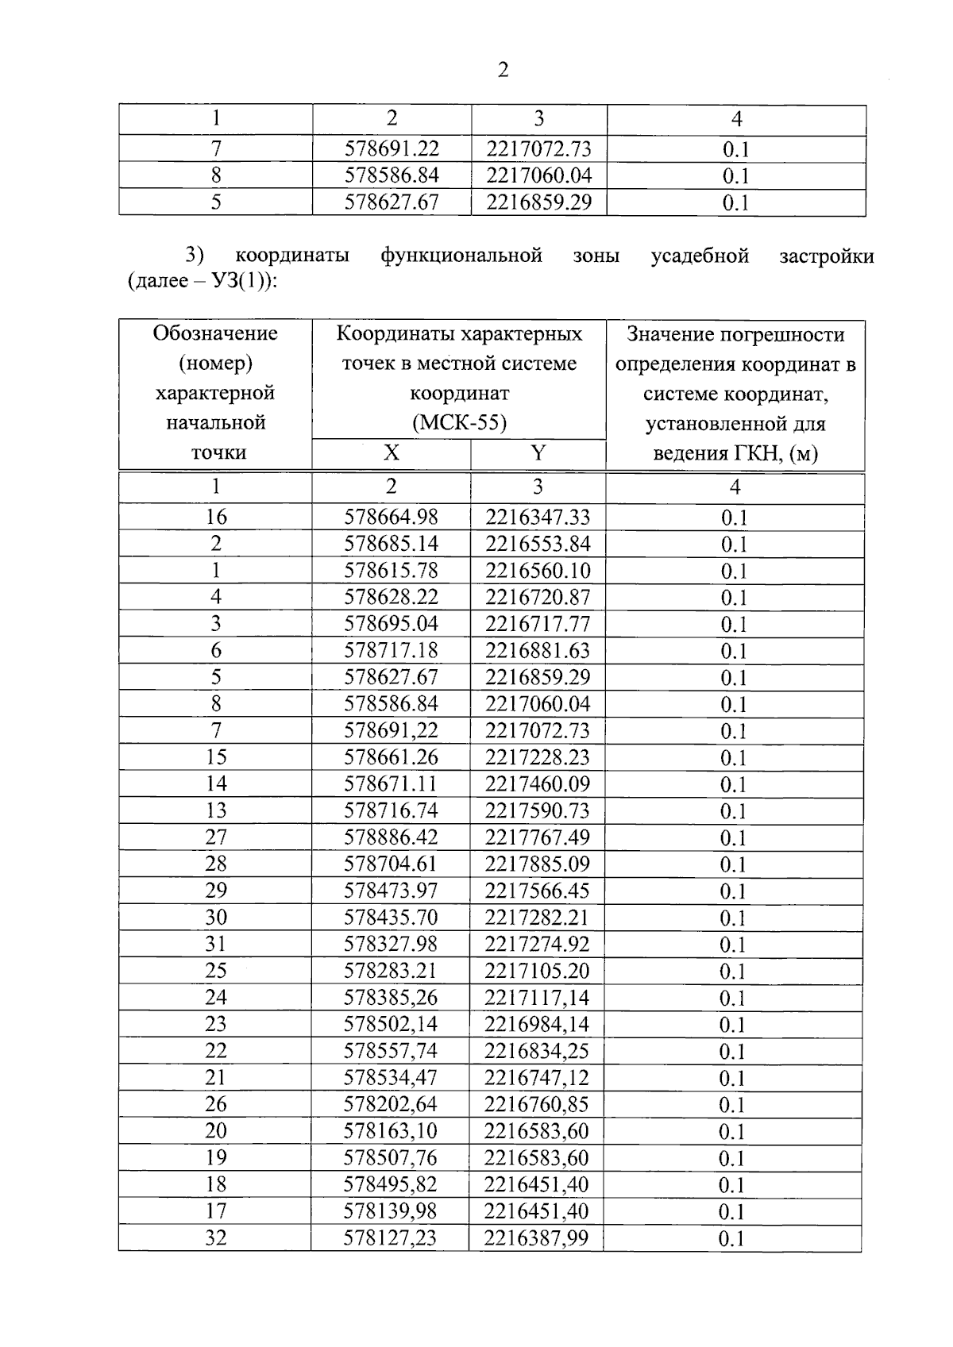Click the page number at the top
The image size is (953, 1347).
tap(502, 71)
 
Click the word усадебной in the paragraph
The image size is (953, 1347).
tap(700, 256)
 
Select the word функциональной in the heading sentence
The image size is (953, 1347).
tap(461, 256)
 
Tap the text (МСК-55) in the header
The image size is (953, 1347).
tap(459, 422)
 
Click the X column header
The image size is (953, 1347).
tap(391, 453)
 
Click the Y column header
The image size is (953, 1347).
tap(538, 453)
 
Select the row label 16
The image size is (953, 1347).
tap(216, 517)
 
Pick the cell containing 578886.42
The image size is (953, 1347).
tap(391, 837)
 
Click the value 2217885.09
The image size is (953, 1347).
tap(538, 864)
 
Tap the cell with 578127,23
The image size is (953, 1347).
tap(390, 1237)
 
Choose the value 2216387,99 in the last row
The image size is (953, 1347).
tap(536, 1237)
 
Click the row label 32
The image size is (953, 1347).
tap(216, 1237)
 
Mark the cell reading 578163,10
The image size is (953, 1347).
tap(390, 1130)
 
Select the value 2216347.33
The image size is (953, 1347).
tap(538, 517)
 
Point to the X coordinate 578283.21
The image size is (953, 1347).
tap(391, 970)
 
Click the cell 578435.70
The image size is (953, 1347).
tap(391, 917)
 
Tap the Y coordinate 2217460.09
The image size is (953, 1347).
tap(538, 783)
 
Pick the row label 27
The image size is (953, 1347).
tap(216, 837)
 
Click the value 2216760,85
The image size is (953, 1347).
tap(536, 1104)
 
